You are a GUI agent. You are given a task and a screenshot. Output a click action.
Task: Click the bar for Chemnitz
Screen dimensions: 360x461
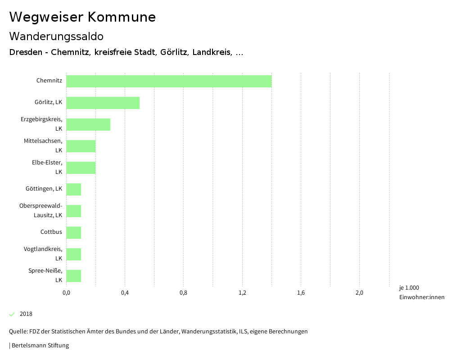(169, 81)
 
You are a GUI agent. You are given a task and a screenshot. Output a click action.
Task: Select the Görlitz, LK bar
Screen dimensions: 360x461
(103, 103)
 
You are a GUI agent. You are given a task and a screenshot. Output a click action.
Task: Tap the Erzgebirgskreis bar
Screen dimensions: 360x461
(88, 124)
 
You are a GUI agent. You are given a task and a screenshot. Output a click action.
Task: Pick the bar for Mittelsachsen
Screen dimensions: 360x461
(81, 146)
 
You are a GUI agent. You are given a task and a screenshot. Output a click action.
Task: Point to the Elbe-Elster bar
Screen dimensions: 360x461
(81, 168)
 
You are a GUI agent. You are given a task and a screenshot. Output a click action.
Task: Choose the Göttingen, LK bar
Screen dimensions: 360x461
(74, 189)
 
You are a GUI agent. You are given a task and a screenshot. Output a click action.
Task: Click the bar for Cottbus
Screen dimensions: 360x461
(74, 232)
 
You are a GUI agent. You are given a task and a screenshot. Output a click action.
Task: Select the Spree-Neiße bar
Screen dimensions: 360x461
(74, 276)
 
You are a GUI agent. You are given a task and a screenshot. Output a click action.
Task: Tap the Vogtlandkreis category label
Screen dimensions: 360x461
(43, 254)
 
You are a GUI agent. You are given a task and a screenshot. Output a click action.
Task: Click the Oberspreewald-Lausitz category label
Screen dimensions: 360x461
(41, 210)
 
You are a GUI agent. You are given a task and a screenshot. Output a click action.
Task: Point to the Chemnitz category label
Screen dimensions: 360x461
(49, 81)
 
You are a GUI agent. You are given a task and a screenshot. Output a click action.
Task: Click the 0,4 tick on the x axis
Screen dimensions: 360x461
(125, 293)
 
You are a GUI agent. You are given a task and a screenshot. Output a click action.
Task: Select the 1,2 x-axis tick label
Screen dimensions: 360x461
(242, 293)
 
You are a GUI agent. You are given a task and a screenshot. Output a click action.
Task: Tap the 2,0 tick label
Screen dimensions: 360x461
(359, 293)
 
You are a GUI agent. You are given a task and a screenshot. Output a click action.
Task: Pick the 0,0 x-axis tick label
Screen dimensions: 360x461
(66, 293)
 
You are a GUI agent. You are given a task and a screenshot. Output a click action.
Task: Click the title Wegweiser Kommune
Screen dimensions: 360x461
(82, 17)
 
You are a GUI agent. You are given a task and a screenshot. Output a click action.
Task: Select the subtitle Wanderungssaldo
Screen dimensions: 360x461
(56, 36)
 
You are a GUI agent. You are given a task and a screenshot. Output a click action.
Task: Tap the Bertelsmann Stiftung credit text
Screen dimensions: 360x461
(40, 346)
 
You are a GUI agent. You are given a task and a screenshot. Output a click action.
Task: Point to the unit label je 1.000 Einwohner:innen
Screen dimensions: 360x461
(421, 292)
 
